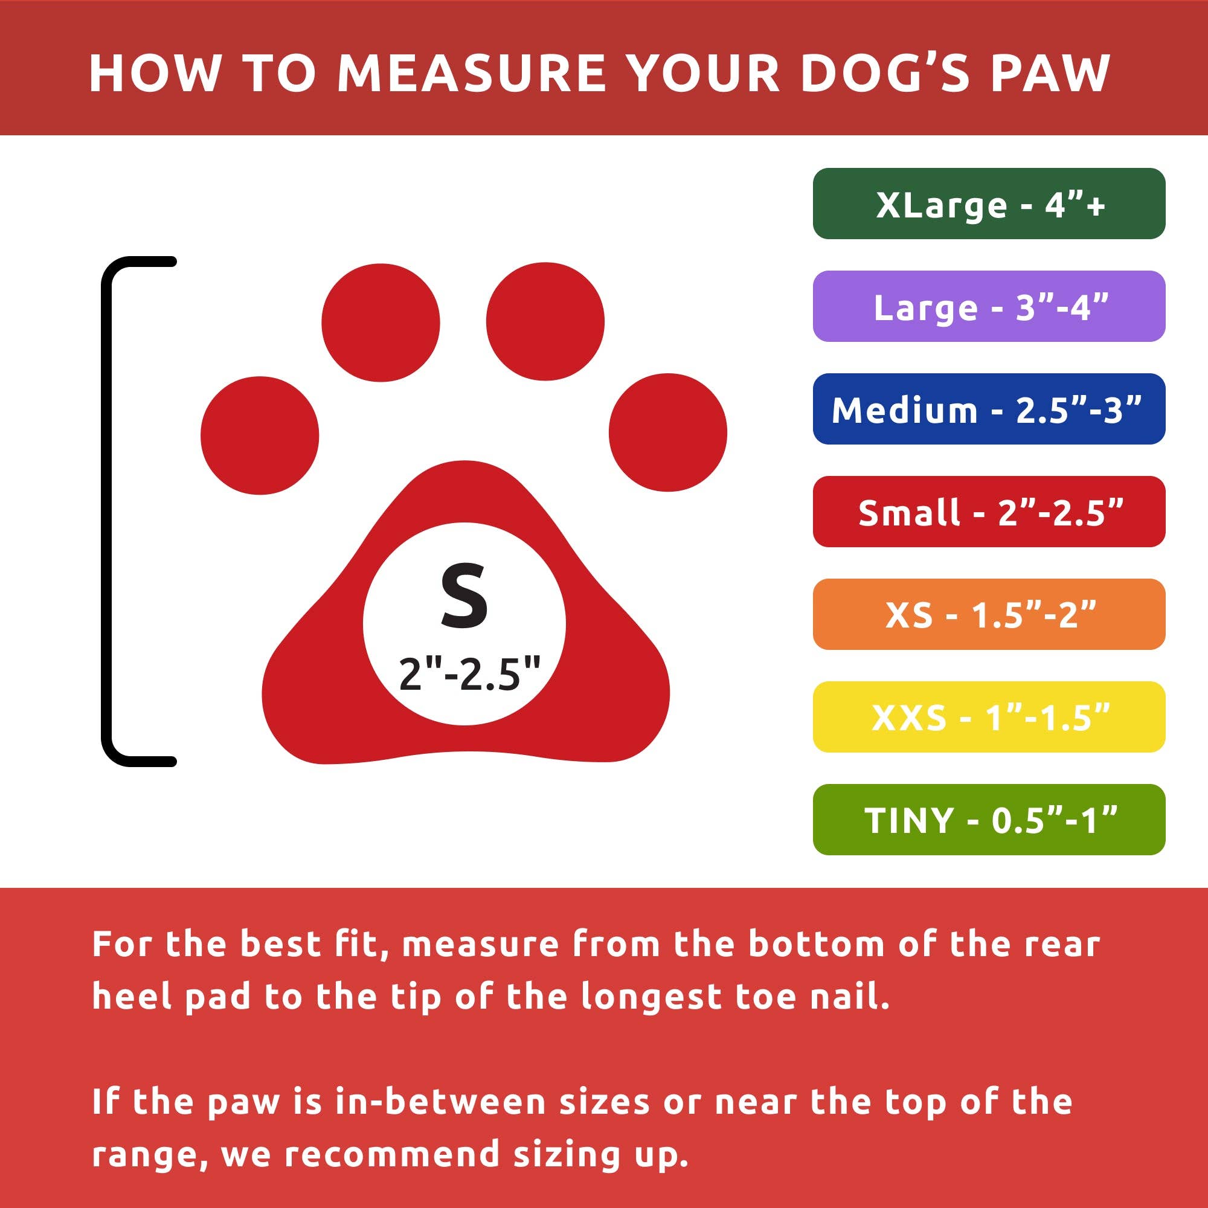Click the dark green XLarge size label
989,204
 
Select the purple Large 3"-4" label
989,306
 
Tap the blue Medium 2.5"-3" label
989,409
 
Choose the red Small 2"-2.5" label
989,512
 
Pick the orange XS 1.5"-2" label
989,614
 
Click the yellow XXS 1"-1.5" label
989,716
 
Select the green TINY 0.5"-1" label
989,819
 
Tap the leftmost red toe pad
260,435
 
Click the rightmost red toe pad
668,432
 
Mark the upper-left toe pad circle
380,323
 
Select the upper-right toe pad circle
545,321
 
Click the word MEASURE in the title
472,73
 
